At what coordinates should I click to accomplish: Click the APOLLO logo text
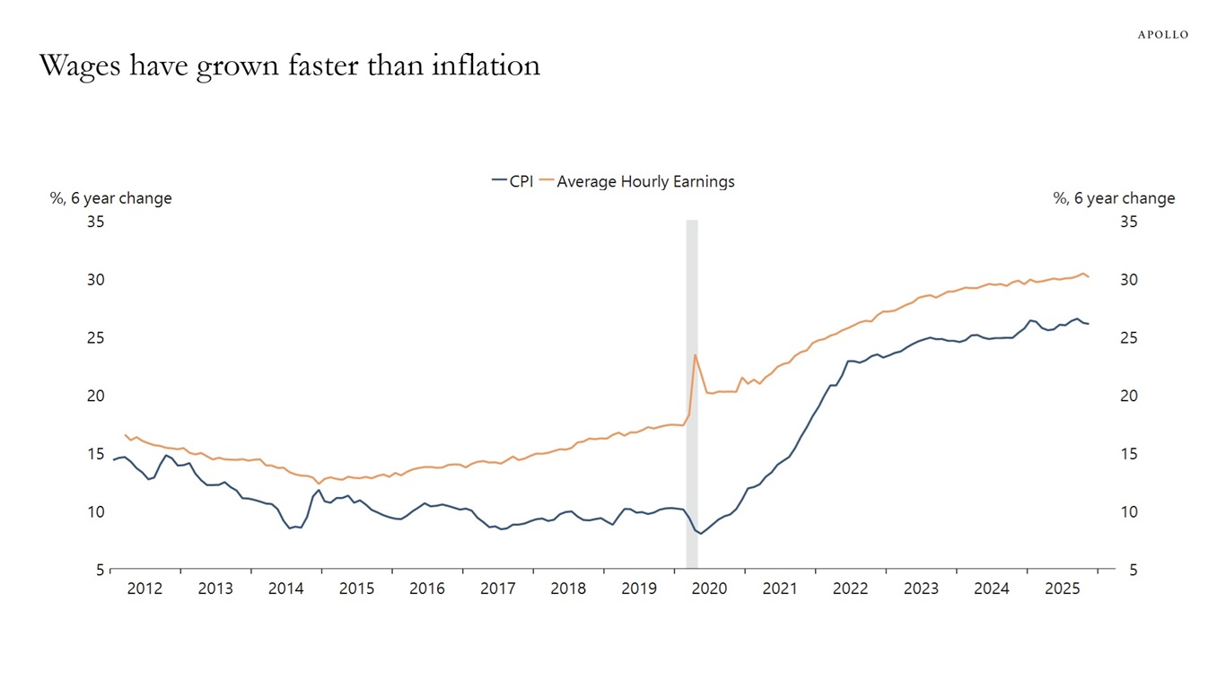click(1162, 34)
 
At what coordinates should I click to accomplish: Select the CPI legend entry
click(512, 181)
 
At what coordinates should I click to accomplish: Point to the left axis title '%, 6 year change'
click(110, 198)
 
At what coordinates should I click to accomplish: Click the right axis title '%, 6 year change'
click(1114, 198)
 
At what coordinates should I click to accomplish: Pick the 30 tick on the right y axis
click(1129, 280)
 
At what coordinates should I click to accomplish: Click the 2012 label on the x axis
click(144, 589)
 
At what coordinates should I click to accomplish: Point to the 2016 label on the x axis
click(427, 589)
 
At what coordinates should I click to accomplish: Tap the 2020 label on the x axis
click(709, 589)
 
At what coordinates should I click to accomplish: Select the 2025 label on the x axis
click(1062, 589)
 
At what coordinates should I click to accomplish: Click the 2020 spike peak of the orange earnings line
click(695, 354)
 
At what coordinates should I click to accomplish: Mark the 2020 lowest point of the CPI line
click(701, 534)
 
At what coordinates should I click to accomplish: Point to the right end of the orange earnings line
click(1089, 277)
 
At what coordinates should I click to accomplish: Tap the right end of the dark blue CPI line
click(1089, 324)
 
